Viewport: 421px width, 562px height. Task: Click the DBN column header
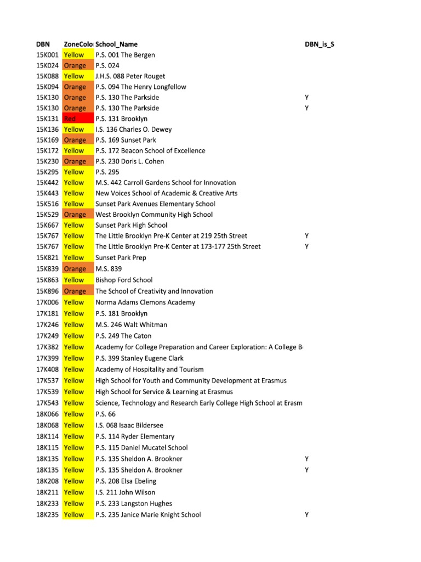pyautogui.click(x=43, y=44)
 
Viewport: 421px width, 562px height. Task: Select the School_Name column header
pyautogui.click(x=116, y=44)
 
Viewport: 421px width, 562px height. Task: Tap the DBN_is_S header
pyautogui.click(x=320, y=44)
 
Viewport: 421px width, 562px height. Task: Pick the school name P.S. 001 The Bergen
pyautogui.click(x=125, y=55)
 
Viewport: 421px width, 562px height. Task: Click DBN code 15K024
pyautogui.click(x=47, y=65)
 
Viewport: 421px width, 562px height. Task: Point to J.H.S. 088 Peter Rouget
pyautogui.click(x=130, y=76)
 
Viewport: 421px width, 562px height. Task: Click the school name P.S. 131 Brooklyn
pyautogui.click(x=121, y=119)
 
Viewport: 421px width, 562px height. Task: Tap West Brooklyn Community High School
pyautogui.click(x=154, y=215)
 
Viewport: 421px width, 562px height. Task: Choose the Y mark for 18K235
pyautogui.click(x=307, y=515)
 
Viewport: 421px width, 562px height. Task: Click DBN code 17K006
pyautogui.click(x=47, y=302)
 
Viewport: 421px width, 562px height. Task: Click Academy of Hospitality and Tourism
pyautogui.click(x=150, y=369)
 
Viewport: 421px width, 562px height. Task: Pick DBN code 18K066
pyautogui.click(x=47, y=414)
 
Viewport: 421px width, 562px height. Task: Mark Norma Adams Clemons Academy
pyautogui.click(x=145, y=302)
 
